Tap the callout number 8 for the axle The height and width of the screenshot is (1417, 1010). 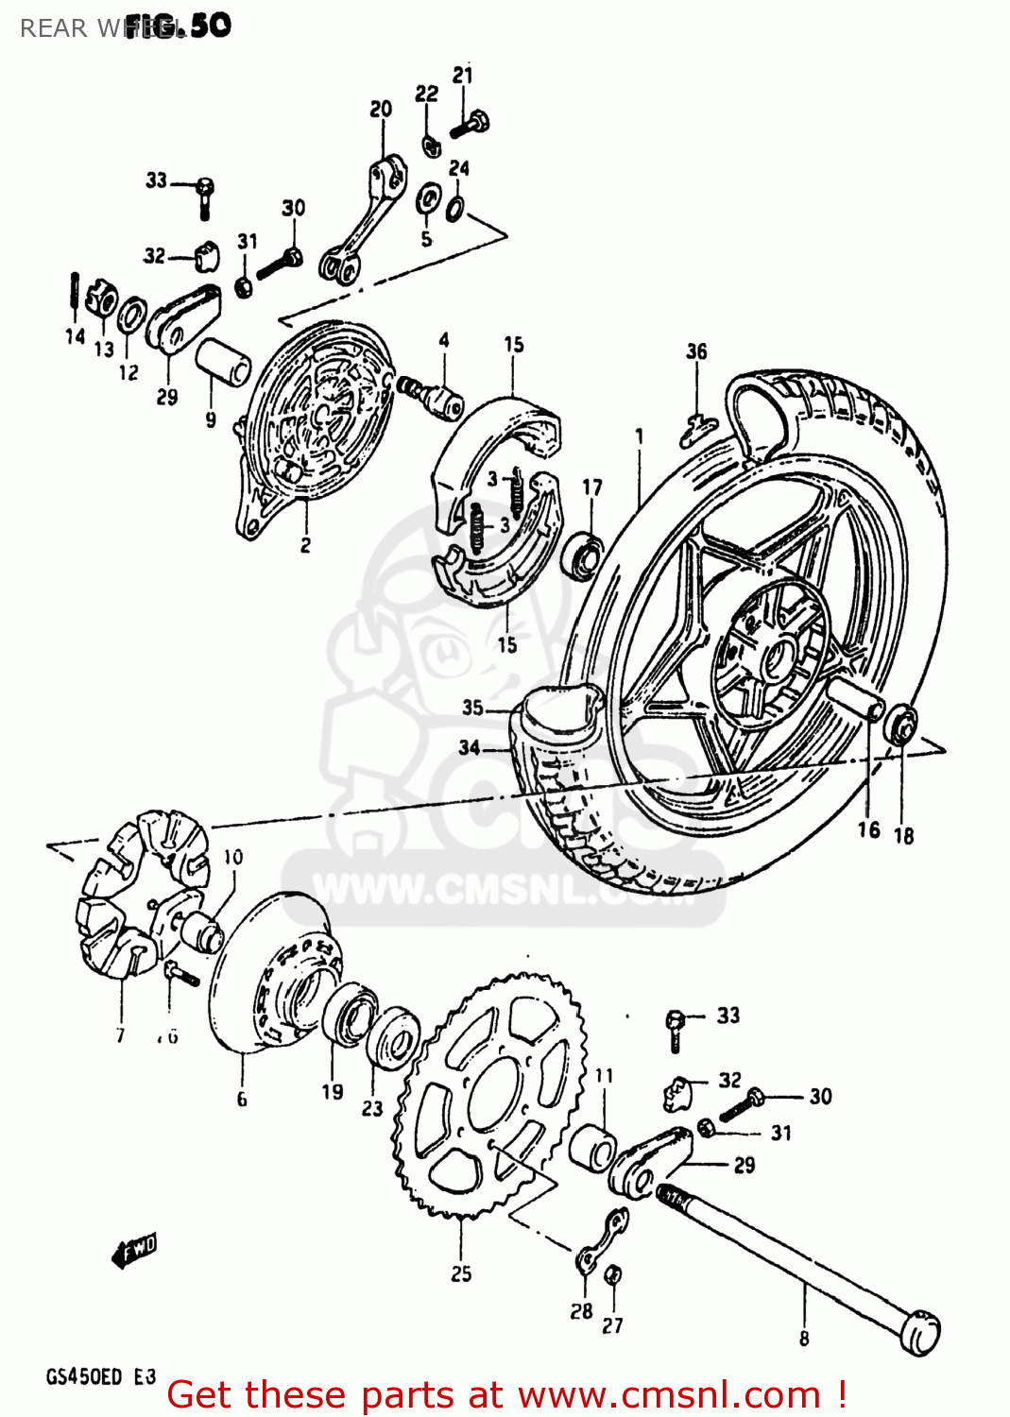coord(804,1338)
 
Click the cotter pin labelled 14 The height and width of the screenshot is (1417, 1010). coord(73,291)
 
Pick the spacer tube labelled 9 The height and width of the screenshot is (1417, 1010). coord(223,362)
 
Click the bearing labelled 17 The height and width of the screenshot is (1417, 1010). coord(583,555)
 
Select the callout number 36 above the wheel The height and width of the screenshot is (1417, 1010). coord(696,351)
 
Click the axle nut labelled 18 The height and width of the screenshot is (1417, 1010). coord(901,725)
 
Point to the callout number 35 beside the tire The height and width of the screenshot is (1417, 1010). coord(472,707)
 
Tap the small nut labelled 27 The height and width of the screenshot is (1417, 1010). coord(613,1275)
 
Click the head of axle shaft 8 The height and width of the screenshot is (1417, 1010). coord(919,1332)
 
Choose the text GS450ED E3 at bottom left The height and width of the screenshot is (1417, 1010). coord(100,1376)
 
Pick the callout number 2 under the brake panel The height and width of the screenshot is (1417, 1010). coord(305,545)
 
